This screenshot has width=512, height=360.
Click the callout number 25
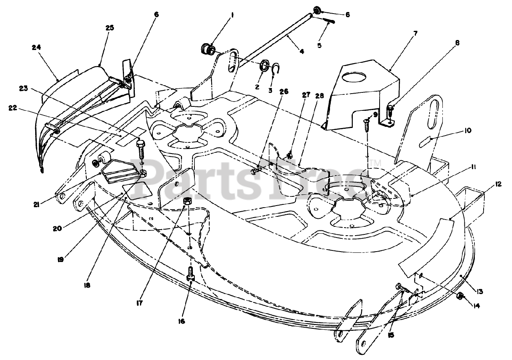pos(110,28)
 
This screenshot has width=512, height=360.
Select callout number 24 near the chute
pos(36,47)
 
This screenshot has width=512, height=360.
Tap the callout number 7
pos(415,33)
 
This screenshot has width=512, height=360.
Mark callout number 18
pos(87,286)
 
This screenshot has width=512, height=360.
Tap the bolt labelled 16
pos(190,274)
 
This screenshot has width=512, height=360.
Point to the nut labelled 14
pos(460,296)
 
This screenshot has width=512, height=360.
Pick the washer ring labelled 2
pos(264,66)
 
